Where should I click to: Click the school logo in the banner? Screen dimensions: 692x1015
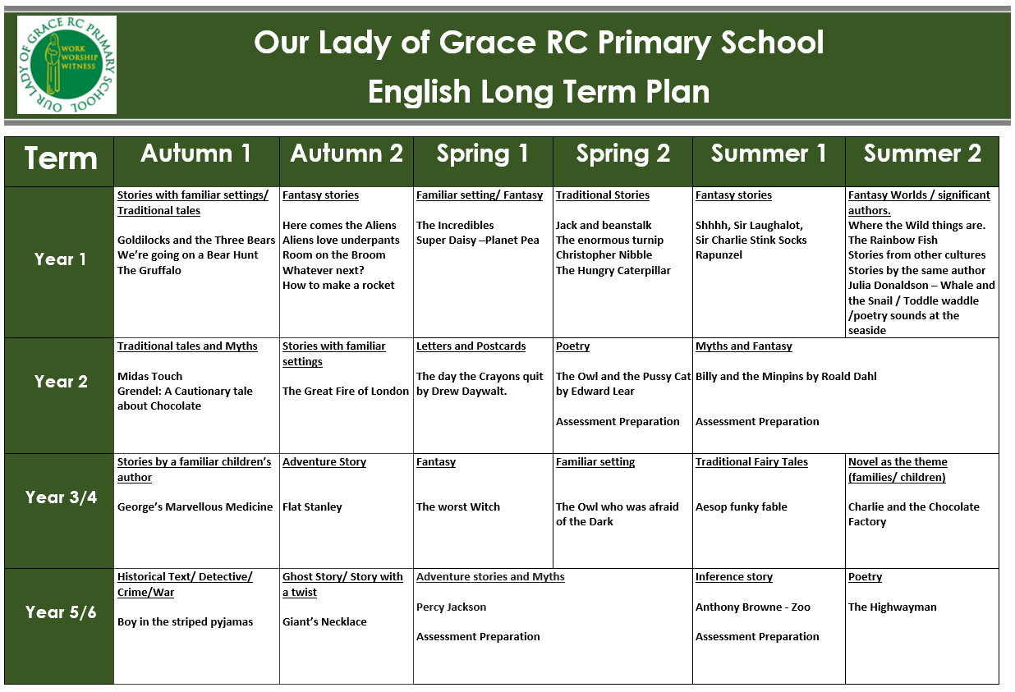(x=67, y=65)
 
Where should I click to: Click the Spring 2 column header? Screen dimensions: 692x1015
(x=622, y=154)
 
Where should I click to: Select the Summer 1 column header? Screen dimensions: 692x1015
(x=769, y=154)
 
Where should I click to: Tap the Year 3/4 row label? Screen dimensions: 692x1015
(x=61, y=497)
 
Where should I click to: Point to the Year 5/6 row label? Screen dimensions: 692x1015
(x=61, y=612)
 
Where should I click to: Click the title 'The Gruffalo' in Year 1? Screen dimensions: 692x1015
(x=149, y=270)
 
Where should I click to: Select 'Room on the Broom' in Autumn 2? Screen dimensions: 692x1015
(x=334, y=255)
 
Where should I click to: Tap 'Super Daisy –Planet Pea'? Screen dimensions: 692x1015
(x=478, y=241)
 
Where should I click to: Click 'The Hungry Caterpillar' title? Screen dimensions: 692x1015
(x=613, y=270)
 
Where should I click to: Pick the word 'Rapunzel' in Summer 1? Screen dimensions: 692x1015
(x=719, y=255)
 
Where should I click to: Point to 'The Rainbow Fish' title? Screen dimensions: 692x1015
(x=893, y=241)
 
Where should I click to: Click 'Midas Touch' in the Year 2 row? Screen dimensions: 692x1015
(x=149, y=376)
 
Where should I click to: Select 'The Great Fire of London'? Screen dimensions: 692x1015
(x=346, y=392)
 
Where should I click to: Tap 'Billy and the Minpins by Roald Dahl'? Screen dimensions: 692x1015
(x=786, y=376)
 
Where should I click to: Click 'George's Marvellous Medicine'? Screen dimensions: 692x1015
(x=195, y=507)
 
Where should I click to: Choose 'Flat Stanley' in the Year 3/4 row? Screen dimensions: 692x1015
(x=312, y=507)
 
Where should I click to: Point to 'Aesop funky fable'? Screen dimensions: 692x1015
(x=742, y=507)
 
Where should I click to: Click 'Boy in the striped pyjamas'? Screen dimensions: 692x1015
(x=185, y=622)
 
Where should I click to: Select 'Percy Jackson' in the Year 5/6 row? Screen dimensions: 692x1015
(x=451, y=607)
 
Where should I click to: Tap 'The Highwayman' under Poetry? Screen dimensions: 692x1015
(x=892, y=607)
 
